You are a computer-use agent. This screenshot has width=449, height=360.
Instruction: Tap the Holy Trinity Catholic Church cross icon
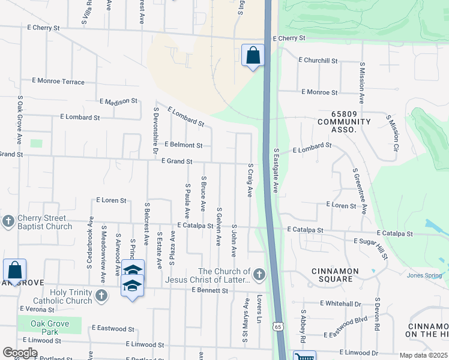(x=102, y=295)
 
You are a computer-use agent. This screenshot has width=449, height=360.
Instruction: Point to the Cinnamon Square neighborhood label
(x=335, y=275)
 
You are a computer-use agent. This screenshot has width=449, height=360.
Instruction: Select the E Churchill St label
(x=318, y=61)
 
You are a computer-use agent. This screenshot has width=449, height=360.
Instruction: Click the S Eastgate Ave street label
(x=276, y=171)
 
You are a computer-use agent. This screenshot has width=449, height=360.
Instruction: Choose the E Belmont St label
(x=183, y=145)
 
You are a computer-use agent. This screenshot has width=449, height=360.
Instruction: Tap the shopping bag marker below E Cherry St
(x=253, y=55)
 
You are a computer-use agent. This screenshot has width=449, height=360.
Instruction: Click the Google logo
(x=20, y=352)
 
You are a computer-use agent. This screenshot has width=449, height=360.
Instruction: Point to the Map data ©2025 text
(x=423, y=355)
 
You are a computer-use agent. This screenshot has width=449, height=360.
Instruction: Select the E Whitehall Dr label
(x=340, y=304)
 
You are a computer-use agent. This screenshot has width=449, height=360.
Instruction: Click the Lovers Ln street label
(x=259, y=305)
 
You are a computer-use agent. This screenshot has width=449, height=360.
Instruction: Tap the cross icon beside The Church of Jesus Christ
(x=259, y=275)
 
